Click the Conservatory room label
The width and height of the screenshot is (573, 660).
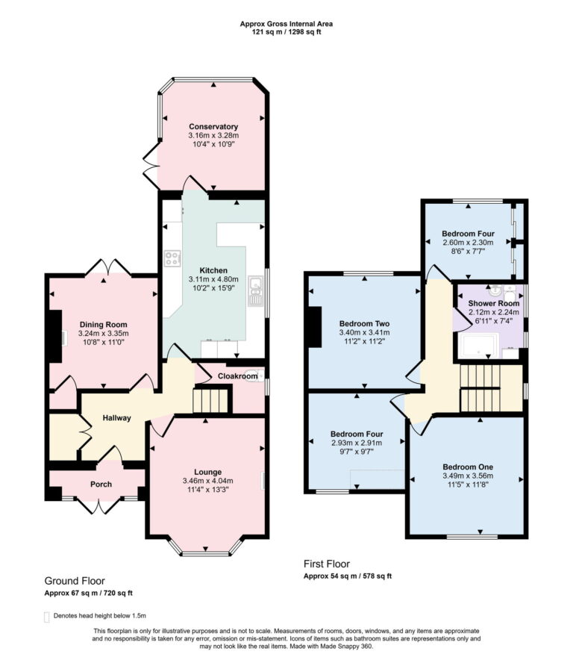213,126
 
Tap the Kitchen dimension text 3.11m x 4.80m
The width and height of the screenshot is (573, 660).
213,279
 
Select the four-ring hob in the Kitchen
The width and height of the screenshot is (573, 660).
173,259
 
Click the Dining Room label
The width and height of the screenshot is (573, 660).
104,325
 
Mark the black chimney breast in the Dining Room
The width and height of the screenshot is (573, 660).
54,336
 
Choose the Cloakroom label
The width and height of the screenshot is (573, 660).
237,376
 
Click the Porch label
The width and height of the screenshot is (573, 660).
101,484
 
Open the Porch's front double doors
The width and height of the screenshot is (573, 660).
101,505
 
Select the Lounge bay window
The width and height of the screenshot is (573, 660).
205,550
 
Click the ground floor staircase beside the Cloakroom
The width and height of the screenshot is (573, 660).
210,403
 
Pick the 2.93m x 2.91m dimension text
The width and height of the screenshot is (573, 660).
357,443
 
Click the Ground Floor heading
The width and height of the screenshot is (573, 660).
75,580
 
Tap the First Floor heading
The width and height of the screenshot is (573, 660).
327,564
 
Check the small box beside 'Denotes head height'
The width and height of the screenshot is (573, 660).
48,616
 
